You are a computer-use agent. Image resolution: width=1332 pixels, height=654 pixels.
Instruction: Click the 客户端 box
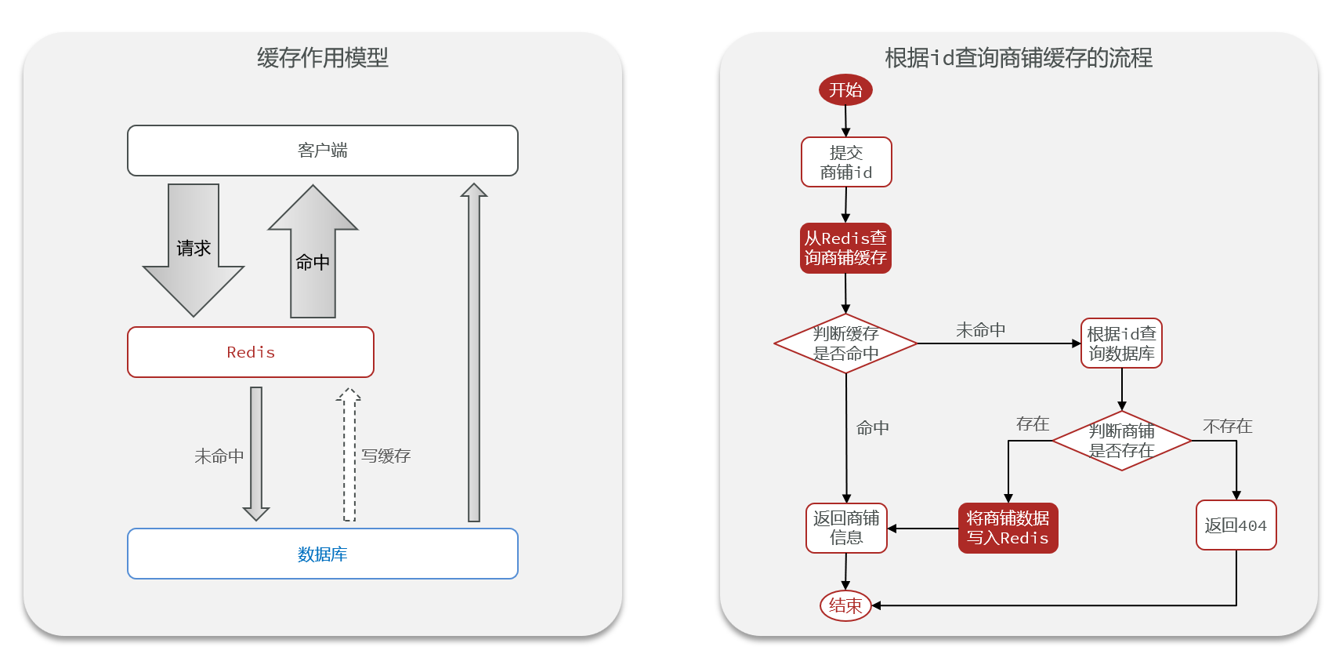[x=322, y=151]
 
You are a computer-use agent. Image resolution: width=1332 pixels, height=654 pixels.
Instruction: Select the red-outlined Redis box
[x=251, y=352]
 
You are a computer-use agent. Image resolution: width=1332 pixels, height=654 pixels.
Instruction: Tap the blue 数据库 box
[x=322, y=554]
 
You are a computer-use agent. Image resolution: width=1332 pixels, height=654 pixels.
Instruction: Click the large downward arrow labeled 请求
[x=194, y=251]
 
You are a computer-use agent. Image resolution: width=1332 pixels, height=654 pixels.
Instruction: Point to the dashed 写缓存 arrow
[x=349, y=455]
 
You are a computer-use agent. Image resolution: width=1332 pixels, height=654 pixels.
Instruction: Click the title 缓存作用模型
[x=322, y=57]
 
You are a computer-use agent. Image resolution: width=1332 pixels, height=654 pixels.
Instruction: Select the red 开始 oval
[x=845, y=89]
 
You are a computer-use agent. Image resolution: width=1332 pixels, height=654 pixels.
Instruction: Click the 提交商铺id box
[x=846, y=162]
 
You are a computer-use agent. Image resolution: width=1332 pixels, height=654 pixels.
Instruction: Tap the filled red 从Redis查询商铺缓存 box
[x=845, y=248]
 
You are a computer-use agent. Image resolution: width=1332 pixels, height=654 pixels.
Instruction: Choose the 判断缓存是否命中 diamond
[x=845, y=343]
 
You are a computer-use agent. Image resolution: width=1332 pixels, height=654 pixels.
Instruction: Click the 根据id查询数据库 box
[x=1121, y=343]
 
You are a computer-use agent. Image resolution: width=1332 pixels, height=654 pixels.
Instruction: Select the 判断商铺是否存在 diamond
[x=1121, y=441]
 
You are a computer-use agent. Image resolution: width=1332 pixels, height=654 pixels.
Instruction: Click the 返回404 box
[x=1236, y=525]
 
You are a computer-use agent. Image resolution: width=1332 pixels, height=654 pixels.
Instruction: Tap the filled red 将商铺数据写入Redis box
[x=1008, y=528]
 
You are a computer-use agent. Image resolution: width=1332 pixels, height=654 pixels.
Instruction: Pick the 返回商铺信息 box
[x=846, y=528]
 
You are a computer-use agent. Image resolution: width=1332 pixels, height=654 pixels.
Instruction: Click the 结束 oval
[x=845, y=605]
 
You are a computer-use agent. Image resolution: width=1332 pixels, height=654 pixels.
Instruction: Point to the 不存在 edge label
[x=1227, y=426]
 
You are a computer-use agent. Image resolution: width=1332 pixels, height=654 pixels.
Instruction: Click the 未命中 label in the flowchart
[x=980, y=330]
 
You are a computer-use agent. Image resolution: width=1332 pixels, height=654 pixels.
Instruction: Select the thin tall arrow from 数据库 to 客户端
[x=474, y=353]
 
